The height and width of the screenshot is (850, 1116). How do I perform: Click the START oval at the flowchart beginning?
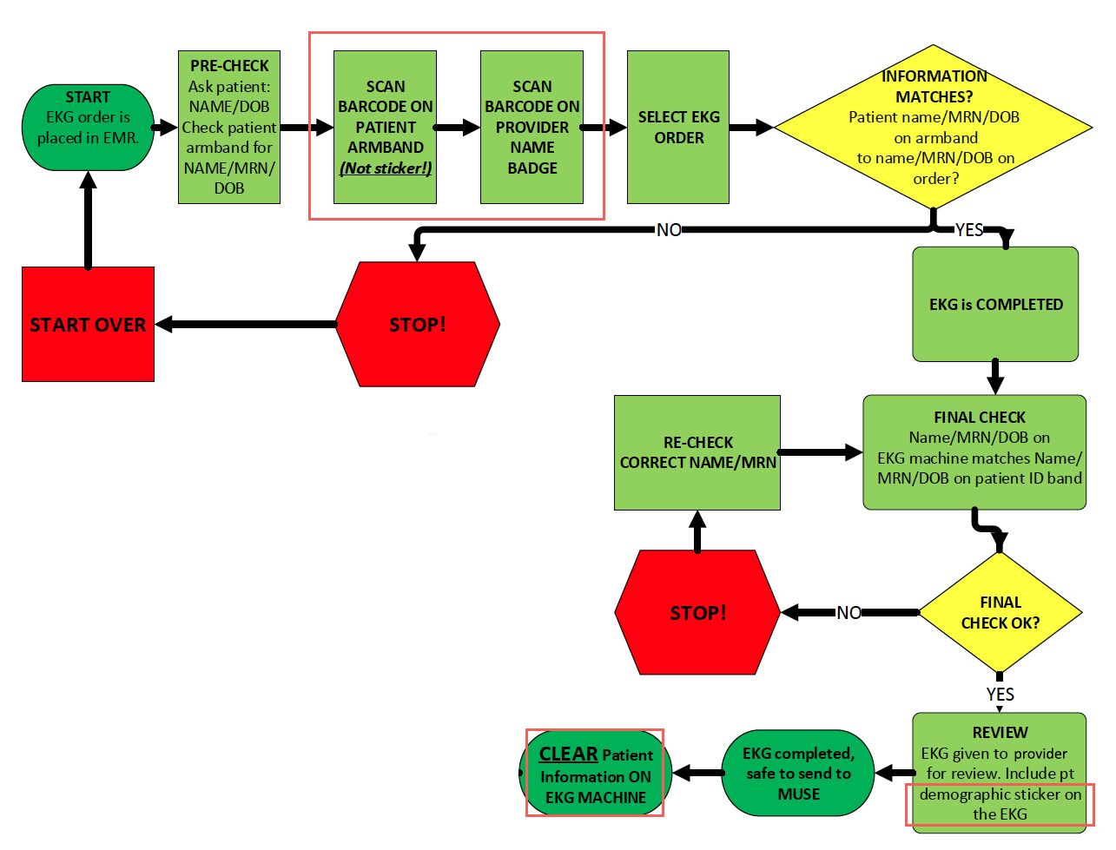tap(88, 127)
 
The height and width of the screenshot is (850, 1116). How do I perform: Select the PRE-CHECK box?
tap(229, 127)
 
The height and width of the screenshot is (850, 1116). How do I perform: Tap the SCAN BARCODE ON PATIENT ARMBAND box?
tap(385, 127)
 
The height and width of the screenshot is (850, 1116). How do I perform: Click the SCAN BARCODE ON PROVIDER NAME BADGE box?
tap(532, 127)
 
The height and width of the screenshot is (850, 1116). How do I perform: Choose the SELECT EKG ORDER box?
tap(678, 127)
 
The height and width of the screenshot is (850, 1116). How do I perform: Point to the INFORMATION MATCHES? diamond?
tap(934, 127)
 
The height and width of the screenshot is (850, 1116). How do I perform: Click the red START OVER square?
tap(88, 324)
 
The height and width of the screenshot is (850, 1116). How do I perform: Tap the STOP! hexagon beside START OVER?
tap(418, 324)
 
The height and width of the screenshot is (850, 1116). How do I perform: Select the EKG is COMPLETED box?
tap(995, 304)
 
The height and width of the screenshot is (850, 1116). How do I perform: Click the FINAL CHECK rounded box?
tap(974, 451)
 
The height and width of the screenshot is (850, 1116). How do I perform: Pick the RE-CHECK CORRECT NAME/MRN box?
tap(697, 452)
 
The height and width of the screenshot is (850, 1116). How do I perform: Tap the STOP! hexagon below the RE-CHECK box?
tap(697, 612)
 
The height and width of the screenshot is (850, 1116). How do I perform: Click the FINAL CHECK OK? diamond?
tap(1000, 612)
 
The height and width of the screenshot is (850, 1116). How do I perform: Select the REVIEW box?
tap(1000, 772)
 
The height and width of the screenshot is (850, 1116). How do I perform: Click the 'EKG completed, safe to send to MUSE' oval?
tap(798, 773)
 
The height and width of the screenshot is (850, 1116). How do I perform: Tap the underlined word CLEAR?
tap(568, 754)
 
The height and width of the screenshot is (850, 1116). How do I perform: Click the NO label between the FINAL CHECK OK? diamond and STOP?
tap(849, 613)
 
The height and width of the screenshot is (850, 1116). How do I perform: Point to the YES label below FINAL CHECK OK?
tap(1000, 694)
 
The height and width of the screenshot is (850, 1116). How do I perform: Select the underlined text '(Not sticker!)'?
tap(385, 168)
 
